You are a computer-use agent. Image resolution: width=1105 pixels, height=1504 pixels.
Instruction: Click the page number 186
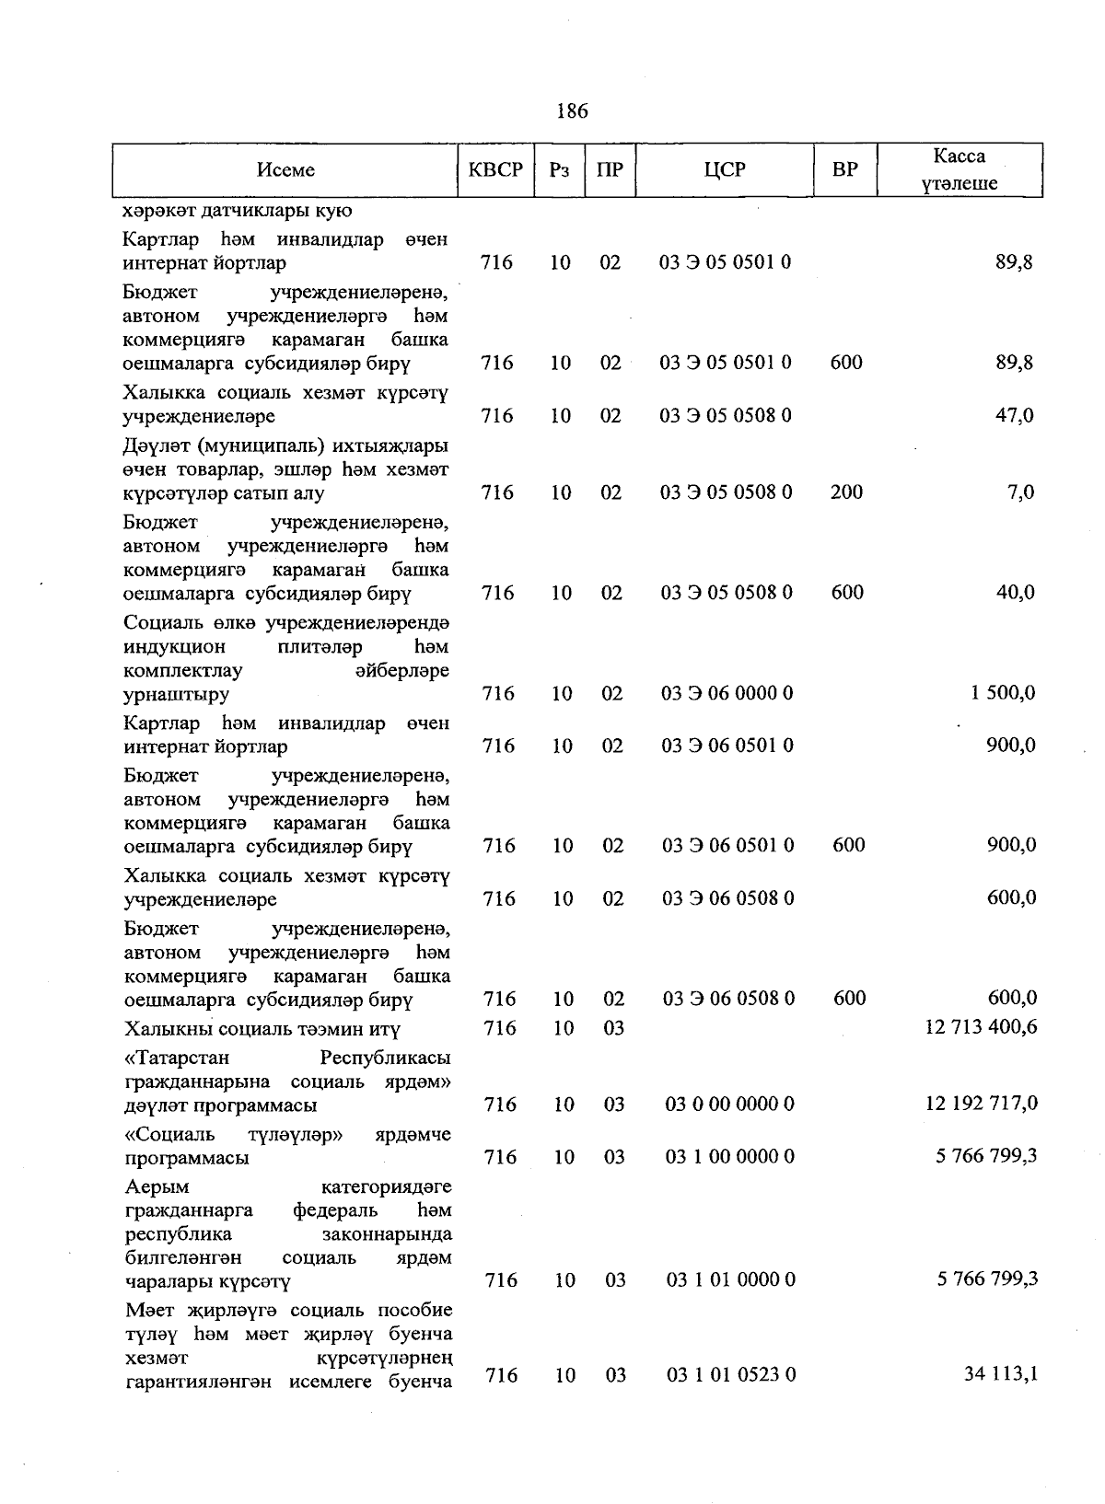click(572, 111)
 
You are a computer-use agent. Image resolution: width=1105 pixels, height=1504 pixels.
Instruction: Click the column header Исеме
click(285, 170)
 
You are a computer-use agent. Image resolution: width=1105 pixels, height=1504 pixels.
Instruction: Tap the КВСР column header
click(495, 170)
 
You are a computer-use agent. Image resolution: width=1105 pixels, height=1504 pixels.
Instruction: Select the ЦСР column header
click(725, 170)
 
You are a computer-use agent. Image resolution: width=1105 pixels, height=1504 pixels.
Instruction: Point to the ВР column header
click(844, 170)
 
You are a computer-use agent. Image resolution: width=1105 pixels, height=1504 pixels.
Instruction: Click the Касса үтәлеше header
click(959, 170)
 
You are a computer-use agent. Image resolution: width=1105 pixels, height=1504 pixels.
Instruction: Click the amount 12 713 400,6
click(981, 1026)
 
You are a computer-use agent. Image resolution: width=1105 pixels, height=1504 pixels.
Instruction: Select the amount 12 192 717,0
click(982, 1104)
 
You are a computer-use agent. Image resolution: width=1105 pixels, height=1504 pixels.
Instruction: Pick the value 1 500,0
click(1003, 693)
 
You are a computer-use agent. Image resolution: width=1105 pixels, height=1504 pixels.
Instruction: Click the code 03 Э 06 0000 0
click(727, 693)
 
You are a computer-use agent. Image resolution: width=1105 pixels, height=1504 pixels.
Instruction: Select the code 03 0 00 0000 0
click(730, 1104)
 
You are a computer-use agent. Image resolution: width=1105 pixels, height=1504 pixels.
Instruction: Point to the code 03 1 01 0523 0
click(731, 1375)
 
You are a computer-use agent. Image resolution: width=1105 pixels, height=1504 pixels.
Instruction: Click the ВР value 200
click(846, 492)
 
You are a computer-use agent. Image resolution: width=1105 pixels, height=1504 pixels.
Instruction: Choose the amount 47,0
click(1015, 416)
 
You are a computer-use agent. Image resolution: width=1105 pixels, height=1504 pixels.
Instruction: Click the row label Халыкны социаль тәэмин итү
click(262, 1028)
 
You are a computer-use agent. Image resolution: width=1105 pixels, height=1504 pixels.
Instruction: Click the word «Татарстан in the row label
click(176, 1058)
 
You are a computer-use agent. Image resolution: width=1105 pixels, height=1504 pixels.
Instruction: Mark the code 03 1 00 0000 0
click(730, 1157)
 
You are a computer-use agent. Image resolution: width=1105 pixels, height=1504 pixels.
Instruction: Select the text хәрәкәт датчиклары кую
click(238, 211)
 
